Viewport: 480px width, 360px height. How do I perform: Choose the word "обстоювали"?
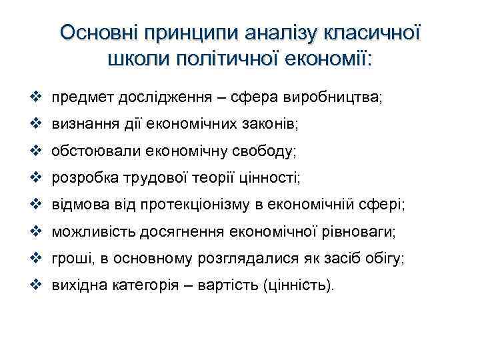(x=91, y=151)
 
